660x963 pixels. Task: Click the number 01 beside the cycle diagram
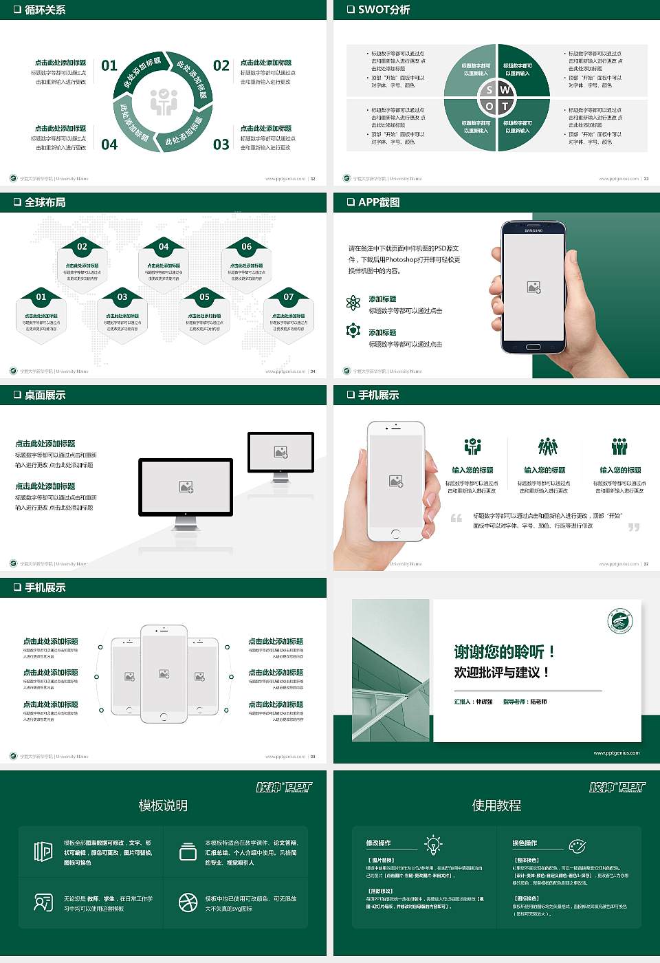pos(109,66)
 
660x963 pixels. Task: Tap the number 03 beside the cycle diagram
pos(221,144)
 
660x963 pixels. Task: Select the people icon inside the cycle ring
pos(164,102)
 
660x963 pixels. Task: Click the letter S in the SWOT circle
pos(489,90)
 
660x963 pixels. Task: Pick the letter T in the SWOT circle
pos(505,107)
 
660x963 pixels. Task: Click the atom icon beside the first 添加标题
pos(353,303)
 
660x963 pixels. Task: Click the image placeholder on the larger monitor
pos(186,487)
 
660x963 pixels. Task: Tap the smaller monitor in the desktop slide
pos(280,454)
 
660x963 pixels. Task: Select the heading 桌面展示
pos(45,395)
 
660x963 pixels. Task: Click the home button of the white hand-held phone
pos(395,534)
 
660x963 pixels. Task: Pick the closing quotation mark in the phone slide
pos(633,527)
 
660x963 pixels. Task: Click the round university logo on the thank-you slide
pos(620,621)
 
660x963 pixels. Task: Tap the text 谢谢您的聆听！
pos(504,651)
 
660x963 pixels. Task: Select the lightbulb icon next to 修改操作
pos(433,844)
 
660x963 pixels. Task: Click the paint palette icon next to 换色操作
pos(577,845)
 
